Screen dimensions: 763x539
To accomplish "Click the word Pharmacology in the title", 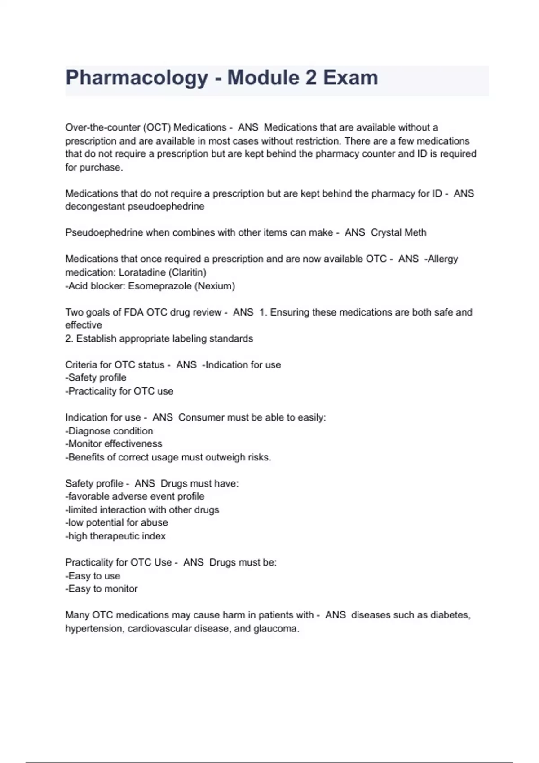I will [x=137, y=78].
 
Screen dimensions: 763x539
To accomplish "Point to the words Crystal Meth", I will [x=398, y=232].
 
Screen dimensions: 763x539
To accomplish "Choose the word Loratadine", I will [x=140, y=272].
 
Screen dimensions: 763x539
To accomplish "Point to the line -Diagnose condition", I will [x=109, y=431].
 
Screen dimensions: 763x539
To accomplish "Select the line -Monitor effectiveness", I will [x=114, y=444].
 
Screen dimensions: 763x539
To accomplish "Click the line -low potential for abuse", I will [x=116, y=522].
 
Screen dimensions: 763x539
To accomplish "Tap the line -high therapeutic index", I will [x=115, y=536].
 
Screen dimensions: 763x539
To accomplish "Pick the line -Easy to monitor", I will [x=102, y=588].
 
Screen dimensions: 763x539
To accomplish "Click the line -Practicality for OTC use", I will [x=119, y=391].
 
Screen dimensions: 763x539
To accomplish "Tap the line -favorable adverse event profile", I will [x=135, y=496].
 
